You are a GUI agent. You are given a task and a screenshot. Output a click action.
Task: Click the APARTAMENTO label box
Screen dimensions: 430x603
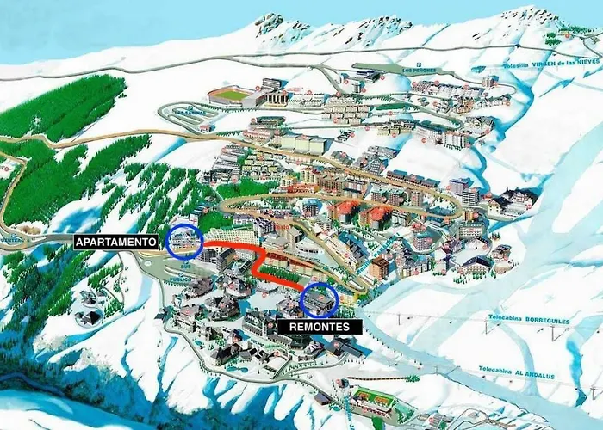(x=116, y=243)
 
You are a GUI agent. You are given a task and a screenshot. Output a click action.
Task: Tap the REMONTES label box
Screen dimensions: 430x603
(x=314, y=328)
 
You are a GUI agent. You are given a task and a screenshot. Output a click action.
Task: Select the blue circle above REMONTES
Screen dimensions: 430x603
(x=320, y=298)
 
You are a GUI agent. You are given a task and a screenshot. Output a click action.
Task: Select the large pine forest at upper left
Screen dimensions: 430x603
(x=65, y=107)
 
